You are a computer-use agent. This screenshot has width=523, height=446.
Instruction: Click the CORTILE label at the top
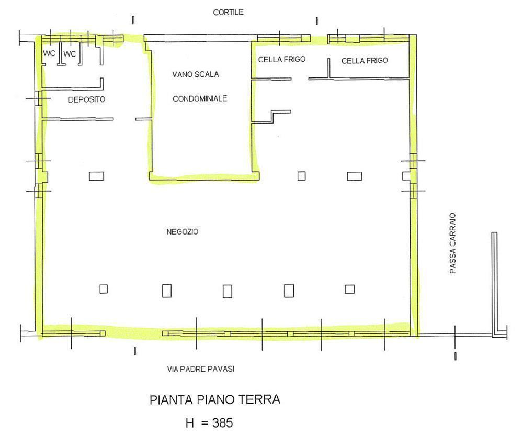228,13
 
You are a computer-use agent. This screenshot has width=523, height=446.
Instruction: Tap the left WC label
49,53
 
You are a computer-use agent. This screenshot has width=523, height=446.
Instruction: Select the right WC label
70,54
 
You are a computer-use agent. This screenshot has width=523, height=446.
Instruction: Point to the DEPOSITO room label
86,99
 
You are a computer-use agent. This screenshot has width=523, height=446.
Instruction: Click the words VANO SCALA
196,74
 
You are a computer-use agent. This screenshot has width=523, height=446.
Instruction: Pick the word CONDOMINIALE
200,98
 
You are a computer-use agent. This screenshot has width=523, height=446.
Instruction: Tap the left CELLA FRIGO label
282,60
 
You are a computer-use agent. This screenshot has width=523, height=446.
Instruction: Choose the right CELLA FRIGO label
365,60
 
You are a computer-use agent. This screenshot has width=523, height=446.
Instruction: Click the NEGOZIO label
182,232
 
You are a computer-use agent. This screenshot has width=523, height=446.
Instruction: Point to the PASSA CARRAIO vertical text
452,243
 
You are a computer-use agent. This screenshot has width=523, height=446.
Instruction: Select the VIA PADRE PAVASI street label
200,369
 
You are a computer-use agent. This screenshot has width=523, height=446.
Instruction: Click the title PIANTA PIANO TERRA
215,399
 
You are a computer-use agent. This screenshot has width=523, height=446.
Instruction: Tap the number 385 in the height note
222,423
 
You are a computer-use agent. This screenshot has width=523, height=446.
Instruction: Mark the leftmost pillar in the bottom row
104,289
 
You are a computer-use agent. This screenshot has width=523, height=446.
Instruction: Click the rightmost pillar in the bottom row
349,289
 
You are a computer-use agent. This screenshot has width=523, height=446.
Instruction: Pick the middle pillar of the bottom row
227,291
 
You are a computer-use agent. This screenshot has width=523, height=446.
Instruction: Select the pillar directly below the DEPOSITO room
96,176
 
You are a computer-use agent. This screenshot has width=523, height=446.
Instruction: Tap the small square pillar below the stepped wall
302,175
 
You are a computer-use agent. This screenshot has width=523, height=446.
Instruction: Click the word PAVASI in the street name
221,369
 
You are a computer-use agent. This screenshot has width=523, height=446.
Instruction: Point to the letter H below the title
190,423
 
